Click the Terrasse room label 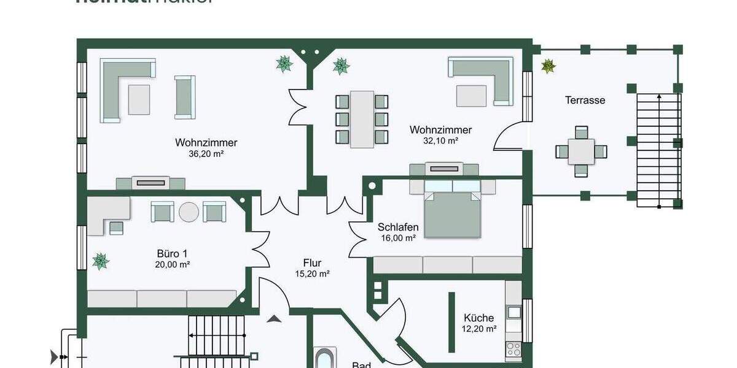(x=585, y=100)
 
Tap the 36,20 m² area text (x=206, y=154)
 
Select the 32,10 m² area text (x=441, y=140)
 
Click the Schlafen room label (x=397, y=228)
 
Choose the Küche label (x=478, y=318)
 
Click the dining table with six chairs (x=362, y=119)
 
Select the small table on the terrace (x=581, y=151)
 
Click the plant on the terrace (x=548, y=66)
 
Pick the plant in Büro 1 (x=100, y=261)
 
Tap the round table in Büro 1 (x=189, y=212)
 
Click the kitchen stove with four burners (x=513, y=350)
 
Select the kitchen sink (x=513, y=312)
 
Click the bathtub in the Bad (x=324, y=359)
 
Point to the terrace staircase (x=658, y=150)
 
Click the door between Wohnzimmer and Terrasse (x=509, y=136)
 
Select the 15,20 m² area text (x=313, y=274)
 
